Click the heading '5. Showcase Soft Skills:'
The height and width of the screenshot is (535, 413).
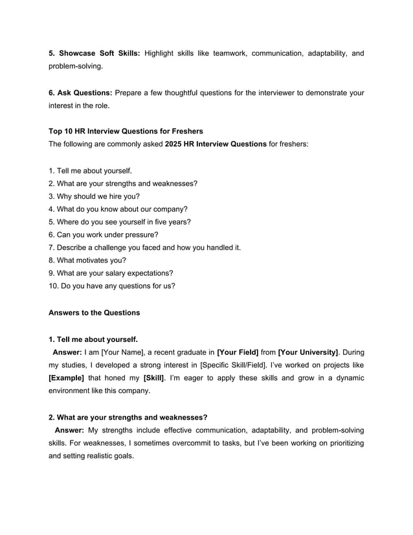click(95, 53)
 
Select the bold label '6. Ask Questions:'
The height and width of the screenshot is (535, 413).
click(80, 93)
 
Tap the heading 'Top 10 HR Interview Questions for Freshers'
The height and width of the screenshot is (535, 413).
click(126, 131)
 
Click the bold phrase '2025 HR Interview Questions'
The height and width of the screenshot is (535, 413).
click(216, 143)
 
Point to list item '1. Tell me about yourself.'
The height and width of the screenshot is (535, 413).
click(91, 171)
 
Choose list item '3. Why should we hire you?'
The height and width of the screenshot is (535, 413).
click(94, 196)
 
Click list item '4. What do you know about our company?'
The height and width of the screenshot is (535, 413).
click(118, 209)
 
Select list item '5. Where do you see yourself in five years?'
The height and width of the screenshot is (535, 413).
click(120, 222)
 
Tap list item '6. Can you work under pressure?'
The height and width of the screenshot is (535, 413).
click(104, 234)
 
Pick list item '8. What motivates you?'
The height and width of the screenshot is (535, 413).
click(87, 260)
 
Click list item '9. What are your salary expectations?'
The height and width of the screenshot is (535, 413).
click(111, 273)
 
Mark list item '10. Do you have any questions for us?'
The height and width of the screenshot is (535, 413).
click(112, 286)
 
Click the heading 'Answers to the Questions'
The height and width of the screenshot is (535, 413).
click(94, 313)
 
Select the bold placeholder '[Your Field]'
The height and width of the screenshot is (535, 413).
click(238, 352)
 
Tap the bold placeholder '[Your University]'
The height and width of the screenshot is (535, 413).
click(307, 352)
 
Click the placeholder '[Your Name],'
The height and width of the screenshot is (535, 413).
click(122, 352)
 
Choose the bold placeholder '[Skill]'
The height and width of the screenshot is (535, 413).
click(153, 378)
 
